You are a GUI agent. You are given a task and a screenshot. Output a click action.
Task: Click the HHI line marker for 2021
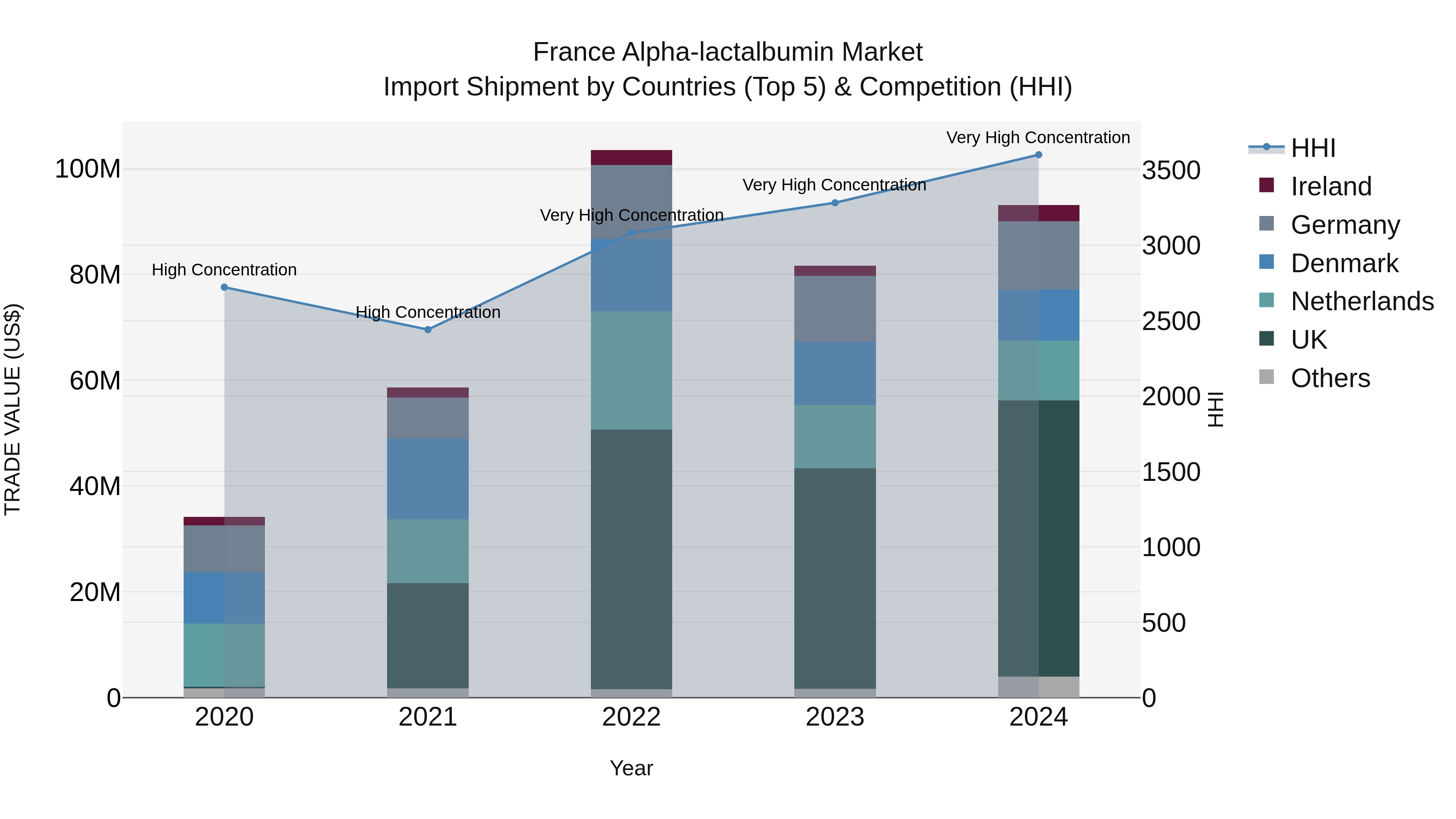pos(428,330)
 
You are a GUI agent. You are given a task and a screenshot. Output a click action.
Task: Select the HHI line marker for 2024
pos(1038,155)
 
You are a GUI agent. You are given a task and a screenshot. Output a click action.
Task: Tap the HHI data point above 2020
pos(224,287)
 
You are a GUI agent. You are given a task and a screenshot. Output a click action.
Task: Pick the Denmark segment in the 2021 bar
pos(428,479)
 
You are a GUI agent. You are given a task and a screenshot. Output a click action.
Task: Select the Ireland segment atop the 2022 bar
pos(631,157)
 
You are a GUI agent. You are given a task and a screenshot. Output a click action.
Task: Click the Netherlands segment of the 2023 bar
pos(835,436)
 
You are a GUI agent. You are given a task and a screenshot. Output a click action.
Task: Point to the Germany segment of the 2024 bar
pos(1038,256)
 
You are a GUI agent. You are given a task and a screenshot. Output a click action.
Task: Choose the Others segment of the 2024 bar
pos(1038,687)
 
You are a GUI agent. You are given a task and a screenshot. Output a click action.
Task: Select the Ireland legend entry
pos(1331,186)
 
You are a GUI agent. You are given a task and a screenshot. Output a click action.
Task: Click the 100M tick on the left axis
pos(88,169)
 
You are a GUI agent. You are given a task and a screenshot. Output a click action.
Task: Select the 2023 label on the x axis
pos(835,717)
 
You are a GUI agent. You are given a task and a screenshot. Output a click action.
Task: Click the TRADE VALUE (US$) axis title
pos(13,409)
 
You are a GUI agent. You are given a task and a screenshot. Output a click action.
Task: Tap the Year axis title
pos(631,768)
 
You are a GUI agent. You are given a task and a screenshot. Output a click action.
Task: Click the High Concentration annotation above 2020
pos(224,270)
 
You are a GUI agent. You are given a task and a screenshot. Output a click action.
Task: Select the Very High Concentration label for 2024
pos(1038,138)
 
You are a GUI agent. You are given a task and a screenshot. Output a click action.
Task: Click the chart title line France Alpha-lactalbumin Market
pos(728,52)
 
